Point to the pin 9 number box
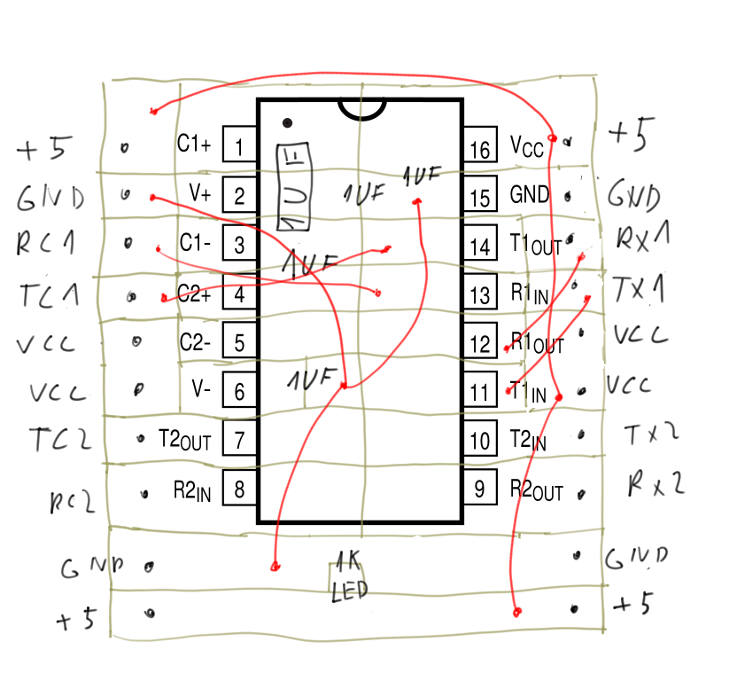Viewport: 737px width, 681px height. (480, 488)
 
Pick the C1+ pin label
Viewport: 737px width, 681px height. (195, 143)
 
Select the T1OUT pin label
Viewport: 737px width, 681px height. (536, 245)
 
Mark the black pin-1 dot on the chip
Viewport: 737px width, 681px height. (286, 121)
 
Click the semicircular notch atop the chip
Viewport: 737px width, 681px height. (362, 108)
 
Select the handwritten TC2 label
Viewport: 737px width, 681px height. (60, 439)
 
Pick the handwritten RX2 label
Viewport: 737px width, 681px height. (656, 484)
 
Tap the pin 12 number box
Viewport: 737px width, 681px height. (480, 343)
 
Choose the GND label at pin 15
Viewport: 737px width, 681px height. (530, 194)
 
